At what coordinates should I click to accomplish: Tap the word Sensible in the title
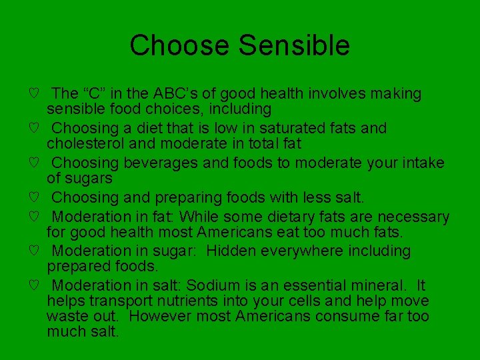294,45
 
